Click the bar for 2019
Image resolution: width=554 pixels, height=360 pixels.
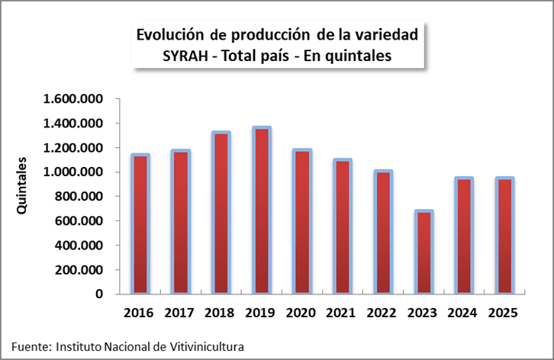tap(262, 211)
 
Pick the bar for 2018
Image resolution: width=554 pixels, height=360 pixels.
tap(221, 213)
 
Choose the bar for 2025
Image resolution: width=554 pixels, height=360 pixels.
tap(504, 236)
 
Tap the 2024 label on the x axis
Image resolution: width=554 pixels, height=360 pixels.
tap(463, 313)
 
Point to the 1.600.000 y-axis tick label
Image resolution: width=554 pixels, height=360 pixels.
tap(73, 99)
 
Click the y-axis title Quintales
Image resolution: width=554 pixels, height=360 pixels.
tap(24, 186)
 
